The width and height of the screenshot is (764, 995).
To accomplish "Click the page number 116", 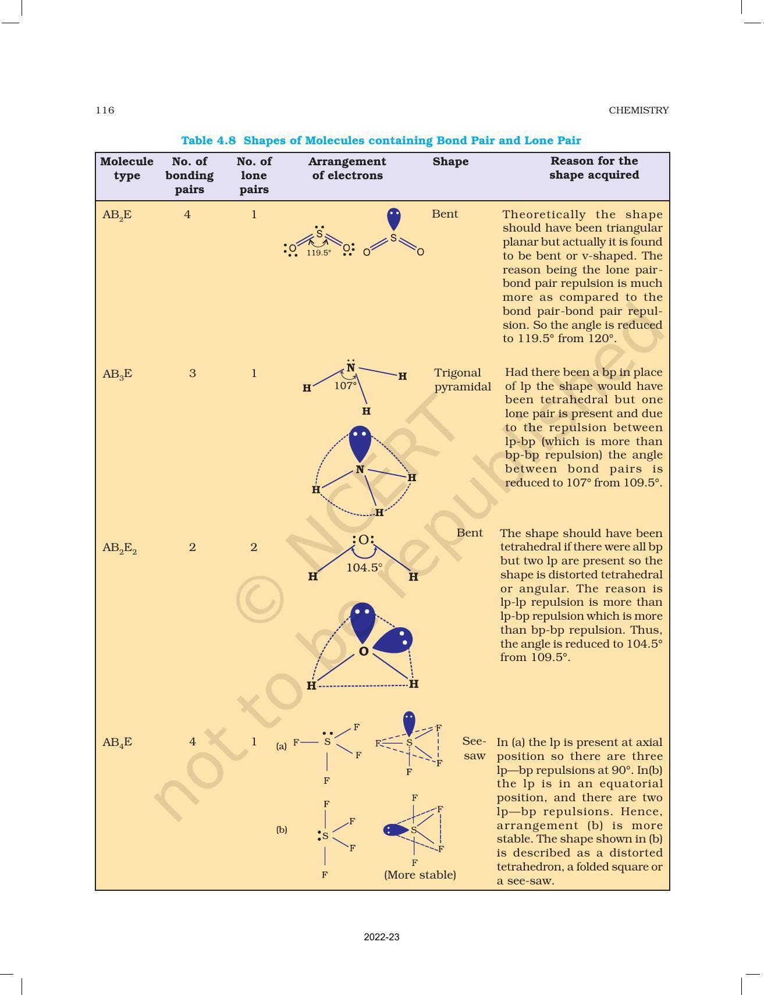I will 105,110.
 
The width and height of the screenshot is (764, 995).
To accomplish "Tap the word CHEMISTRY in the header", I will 638,110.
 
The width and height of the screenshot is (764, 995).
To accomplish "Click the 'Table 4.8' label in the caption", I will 208,140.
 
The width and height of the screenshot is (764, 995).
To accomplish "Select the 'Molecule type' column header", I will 127,168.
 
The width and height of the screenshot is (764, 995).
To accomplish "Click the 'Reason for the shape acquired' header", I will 594,168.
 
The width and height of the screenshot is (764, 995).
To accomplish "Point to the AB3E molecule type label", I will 117,374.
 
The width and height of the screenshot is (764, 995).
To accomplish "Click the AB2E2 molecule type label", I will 119,548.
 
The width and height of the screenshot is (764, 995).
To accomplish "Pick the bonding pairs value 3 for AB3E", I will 193,373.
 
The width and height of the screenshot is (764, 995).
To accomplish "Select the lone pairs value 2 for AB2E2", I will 254,547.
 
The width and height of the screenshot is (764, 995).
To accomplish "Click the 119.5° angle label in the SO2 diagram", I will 319,253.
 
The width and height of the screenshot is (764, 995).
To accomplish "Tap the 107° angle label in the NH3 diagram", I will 345,386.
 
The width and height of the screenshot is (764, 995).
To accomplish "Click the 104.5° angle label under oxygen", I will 364,567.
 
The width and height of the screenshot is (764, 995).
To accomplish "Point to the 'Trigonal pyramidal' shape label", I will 462,379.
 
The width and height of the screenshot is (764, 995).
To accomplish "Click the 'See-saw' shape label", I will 474,748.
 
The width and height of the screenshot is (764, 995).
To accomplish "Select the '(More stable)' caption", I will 420,875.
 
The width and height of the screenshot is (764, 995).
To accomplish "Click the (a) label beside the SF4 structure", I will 282,746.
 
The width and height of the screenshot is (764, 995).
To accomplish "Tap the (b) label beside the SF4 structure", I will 282,830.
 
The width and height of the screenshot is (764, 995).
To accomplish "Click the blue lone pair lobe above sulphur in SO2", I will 394,219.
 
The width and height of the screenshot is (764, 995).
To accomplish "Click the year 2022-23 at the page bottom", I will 382,937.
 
